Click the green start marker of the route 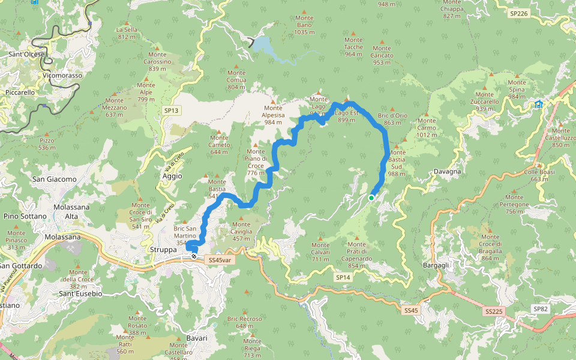coord(371,197)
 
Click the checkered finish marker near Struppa coord(194,256)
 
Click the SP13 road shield coord(171,110)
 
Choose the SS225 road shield coord(494,311)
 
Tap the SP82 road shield coord(540,308)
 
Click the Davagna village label coord(447,172)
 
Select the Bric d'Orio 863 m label coord(393,119)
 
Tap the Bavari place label coord(196,338)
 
